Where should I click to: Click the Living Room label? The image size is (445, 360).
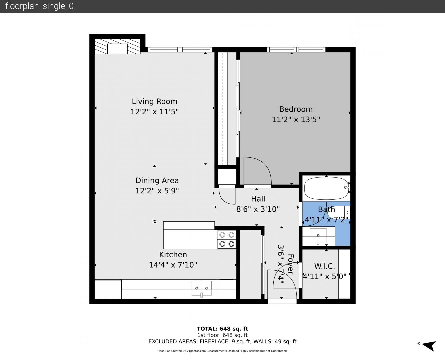coord(154,102)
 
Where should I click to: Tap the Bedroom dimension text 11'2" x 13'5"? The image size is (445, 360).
coord(296,120)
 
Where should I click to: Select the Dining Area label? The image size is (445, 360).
coord(157,181)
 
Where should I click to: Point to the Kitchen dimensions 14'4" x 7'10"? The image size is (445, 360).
coord(173,265)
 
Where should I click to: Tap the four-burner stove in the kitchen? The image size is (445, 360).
coord(227,239)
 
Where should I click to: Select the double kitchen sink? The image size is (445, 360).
coord(201,289)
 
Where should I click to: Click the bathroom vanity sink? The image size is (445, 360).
coord(318,236)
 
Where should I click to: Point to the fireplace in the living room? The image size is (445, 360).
coord(117,46)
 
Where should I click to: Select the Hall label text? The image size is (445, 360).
coord(258,199)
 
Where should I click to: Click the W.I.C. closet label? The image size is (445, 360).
coord(324,266)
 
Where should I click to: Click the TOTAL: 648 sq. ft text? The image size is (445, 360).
coord(222,329)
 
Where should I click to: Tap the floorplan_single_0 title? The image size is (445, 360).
coord(39,6)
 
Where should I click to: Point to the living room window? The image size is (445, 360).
coord(180,50)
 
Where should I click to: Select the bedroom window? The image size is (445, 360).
coord(296,50)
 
